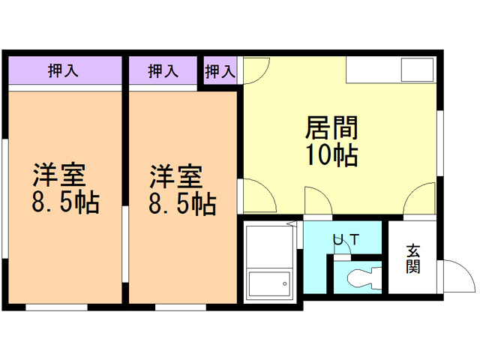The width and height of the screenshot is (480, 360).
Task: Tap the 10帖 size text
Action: pos(331,155)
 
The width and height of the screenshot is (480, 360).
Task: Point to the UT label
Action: pos(346,240)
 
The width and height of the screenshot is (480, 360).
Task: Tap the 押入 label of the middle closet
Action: pos(163,71)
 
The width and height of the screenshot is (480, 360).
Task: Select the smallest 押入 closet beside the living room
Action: pos(220,71)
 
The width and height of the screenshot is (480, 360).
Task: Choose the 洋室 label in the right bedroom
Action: pos(174,177)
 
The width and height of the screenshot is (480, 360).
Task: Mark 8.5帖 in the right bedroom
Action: pos(181,204)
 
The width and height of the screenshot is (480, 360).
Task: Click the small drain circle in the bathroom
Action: pos(284,283)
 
